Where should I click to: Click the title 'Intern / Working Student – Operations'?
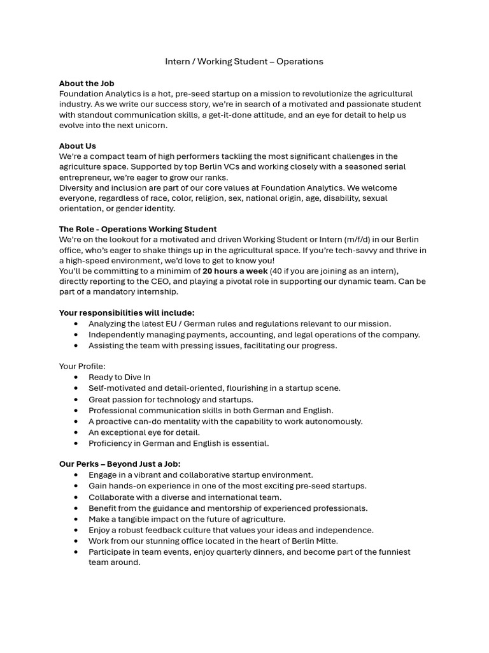[x=244, y=61]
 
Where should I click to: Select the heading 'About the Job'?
[x=87, y=84]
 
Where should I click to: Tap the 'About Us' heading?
[x=78, y=146]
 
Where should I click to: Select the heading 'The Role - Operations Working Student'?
[x=138, y=229]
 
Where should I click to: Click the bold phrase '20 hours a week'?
[x=235, y=271]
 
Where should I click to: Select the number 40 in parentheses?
[x=278, y=271]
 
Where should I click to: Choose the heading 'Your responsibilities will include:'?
[x=127, y=313]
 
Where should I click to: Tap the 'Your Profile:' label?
[x=82, y=366]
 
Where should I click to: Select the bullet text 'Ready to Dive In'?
[x=120, y=378]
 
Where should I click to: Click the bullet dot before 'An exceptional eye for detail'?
[x=76, y=432]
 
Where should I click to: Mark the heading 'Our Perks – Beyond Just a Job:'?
[x=120, y=464]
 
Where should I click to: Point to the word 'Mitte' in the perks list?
[x=325, y=541]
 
